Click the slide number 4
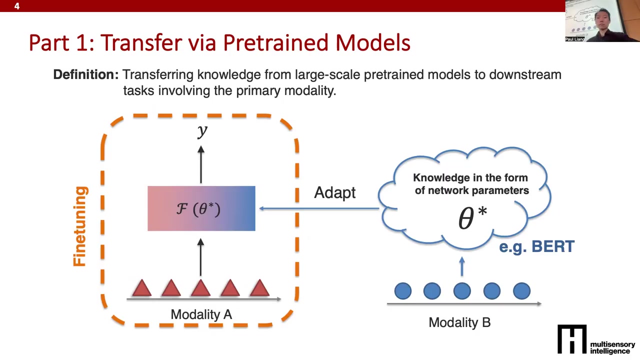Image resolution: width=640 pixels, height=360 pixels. [17, 6]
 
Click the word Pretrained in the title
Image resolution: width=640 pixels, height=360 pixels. [275, 43]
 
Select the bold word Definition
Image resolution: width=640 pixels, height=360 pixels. [85, 74]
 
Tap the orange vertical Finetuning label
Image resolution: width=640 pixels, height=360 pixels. [80, 226]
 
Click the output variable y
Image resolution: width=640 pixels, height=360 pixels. [202, 131]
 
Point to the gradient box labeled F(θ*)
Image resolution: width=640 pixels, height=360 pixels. [201, 208]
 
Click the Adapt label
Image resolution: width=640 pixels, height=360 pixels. [335, 193]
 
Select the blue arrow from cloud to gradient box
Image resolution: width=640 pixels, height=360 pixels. [319, 208]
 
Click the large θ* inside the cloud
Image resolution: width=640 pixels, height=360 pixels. [472, 218]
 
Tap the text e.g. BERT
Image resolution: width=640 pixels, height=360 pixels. [536, 246]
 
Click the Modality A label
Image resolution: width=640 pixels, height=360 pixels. [201, 314]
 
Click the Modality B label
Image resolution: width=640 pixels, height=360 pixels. [459, 322]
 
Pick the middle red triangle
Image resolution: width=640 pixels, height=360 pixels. [201, 288]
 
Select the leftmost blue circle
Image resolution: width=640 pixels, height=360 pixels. [403, 291]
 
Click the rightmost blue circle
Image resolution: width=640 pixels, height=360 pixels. [521, 291]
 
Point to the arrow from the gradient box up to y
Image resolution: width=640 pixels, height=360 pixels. [201, 164]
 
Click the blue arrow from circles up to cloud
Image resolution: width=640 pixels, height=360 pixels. [462, 266]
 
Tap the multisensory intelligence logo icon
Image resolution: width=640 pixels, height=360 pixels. [572, 339]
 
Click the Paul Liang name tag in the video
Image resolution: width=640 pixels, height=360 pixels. [575, 39]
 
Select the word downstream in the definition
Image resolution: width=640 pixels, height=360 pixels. [525, 74]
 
